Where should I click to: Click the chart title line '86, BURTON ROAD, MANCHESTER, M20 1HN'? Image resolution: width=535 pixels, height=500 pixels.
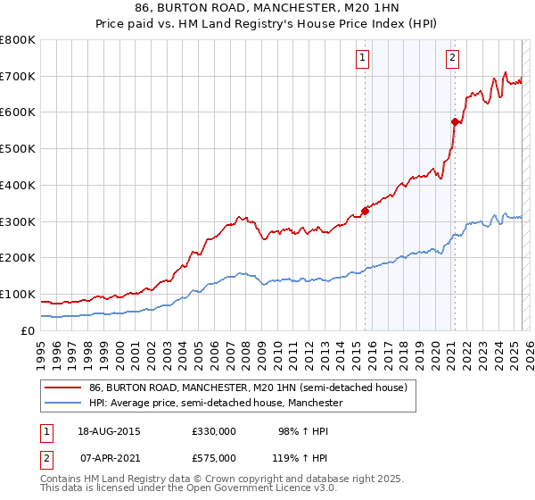point(267,8)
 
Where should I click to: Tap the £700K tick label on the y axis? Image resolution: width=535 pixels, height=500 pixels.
point(18,76)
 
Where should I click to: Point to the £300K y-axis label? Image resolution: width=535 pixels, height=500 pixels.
point(18,221)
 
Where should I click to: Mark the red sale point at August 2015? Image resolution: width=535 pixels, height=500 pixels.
point(365,211)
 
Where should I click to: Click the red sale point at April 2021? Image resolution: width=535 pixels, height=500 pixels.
point(455,121)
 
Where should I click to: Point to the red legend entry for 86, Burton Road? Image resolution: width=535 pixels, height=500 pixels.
point(248,387)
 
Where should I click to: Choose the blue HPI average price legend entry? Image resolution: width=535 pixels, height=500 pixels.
point(217,404)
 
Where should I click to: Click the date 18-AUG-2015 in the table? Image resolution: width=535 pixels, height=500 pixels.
point(109,431)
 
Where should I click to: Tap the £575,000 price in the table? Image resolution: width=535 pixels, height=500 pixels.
point(214,457)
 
